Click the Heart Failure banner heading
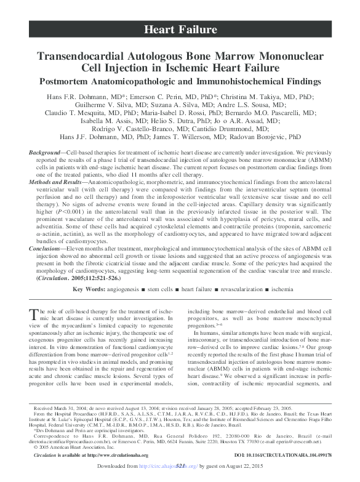click(x=180, y=30)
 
